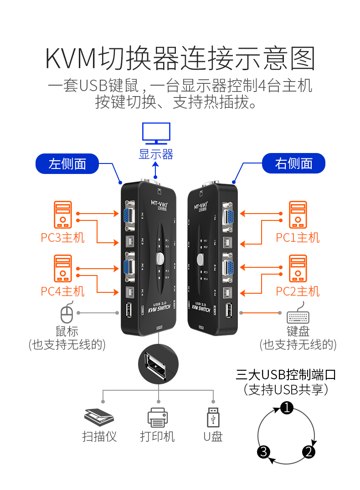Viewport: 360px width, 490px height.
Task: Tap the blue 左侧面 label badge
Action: (x=67, y=163)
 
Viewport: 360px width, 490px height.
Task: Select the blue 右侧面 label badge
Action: (x=293, y=163)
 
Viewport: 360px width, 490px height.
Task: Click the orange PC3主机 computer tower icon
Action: (x=63, y=215)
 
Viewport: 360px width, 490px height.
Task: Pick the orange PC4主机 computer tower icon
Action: (x=63, y=269)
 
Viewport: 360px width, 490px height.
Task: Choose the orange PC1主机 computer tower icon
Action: (x=298, y=215)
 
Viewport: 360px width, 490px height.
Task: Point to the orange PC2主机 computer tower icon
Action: (x=298, y=269)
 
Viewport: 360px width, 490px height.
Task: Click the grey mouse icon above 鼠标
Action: (x=67, y=313)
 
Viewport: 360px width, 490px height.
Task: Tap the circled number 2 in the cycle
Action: (x=309, y=451)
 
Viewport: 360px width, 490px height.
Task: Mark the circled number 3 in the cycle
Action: (x=264, y=451)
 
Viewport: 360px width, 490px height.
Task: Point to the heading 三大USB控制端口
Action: (x=286, y=375)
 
